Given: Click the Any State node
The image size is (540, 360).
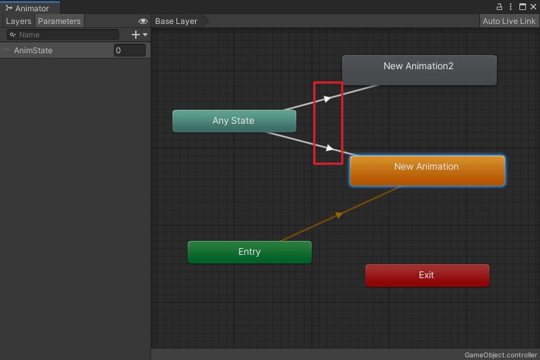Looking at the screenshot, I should [234, 121].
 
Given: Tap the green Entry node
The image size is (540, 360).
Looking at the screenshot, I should [249, 252].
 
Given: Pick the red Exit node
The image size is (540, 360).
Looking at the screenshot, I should [427, 275].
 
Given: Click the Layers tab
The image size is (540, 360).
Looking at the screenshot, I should [19, 21].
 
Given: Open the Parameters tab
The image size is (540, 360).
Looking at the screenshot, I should [59, 21].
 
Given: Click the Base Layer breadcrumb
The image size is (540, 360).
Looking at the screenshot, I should [176, 21].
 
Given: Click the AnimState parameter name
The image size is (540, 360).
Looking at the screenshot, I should [33, 51].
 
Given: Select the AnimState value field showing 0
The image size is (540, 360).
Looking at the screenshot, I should [129, 51].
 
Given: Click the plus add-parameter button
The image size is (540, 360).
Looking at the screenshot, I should [136, 35].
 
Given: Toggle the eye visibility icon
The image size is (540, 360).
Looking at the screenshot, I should [142, 21].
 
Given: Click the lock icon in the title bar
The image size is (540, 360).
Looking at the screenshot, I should [499, 7].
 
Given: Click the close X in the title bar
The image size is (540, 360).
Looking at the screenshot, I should [533, 7].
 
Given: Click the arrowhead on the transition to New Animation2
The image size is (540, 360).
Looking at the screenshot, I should [327, 98].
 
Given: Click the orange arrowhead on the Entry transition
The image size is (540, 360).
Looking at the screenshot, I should [339, 214].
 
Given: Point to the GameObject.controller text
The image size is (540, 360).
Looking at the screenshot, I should [500, 355].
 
